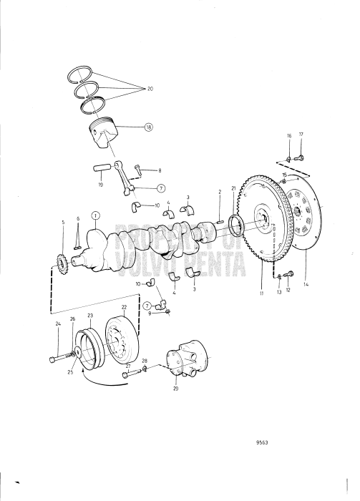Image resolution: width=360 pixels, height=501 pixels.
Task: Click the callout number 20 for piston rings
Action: tap(150, 89)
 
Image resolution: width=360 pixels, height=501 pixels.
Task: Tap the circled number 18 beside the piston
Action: tap(149, 127)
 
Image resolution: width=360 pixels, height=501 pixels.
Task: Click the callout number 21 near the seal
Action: tap(233, 188)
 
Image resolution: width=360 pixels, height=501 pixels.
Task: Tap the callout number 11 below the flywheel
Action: tap(262, 294)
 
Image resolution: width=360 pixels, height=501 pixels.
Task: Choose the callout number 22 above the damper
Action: tap(124, 308)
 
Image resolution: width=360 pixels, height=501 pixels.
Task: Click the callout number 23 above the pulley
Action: tap(90, 314)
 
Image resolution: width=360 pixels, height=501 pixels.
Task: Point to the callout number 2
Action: tap(220, 193)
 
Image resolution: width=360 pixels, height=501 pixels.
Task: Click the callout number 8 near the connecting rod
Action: tap(160, 170)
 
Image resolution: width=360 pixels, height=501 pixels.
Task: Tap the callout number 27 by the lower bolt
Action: tap(128, 365)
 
